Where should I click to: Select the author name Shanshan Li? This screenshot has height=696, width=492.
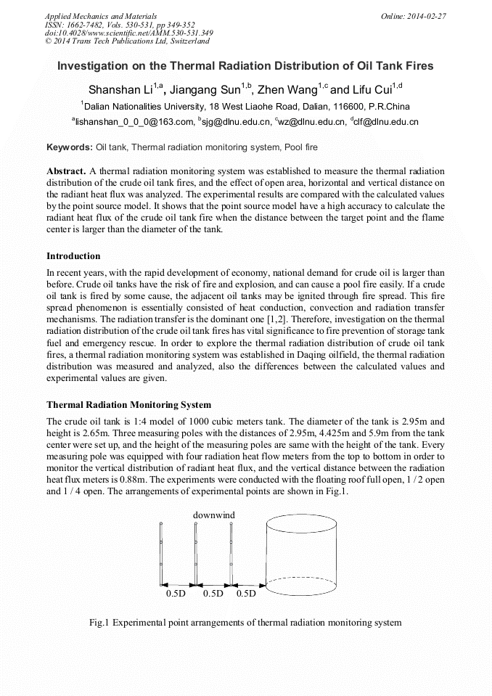pyautogui.click(x=120, y=90)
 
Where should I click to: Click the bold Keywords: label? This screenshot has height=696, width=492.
pyautogui.click(x=70, y=147)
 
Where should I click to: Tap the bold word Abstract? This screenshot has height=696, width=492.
pyautogui.click(x=66, y=171)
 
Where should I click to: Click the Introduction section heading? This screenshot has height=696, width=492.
pyautogui.click(x=73, y=256)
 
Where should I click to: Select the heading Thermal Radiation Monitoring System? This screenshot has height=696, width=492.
pyautogui.click(x=128, y=404)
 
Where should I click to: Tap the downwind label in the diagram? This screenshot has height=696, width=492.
pyautogui.click(x=213, y=515)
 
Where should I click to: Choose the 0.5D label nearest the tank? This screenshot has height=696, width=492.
pyautogui.click(x=247, y=594)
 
